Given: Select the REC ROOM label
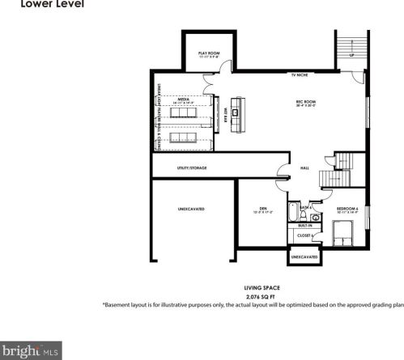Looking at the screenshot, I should click(x=304, y=102).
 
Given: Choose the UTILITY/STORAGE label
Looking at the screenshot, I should click(x=191, y=168).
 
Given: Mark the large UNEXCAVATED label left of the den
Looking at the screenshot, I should click(x=191, y=209).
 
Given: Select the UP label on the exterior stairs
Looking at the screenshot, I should click(x=351, y=55).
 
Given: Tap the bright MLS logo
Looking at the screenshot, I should click(x=31, y=351).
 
